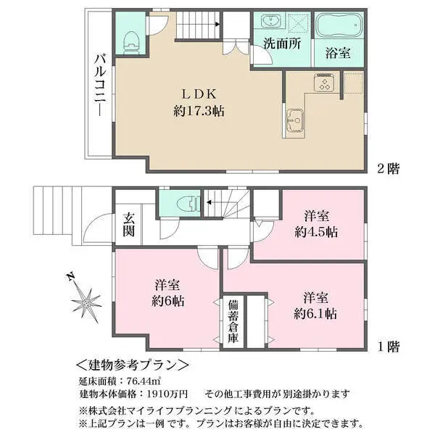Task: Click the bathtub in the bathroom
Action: click(x=339, y=27)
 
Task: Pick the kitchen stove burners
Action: click(x=323, y=84)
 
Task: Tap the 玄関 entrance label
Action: click(x=129, y=224)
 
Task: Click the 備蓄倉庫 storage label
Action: click(x=233, y=319)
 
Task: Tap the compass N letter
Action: click(x=68, y=276)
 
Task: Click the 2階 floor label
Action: click(x=388, y=168)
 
